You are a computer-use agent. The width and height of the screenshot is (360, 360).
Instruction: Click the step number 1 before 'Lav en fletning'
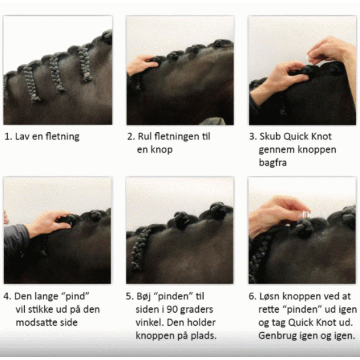click(7, 136)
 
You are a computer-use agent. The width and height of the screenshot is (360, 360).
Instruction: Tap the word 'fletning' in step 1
click(62, 136)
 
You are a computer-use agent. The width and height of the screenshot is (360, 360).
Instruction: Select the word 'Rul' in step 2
click(146, 136)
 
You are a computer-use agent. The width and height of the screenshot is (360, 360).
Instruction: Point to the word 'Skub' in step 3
click(271, 136)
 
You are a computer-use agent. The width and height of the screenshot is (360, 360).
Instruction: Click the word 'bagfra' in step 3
click(273, 163)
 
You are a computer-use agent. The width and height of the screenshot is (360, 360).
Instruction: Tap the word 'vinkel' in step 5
click(151, 323)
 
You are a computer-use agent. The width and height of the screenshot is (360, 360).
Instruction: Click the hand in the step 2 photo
click(142, 64)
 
